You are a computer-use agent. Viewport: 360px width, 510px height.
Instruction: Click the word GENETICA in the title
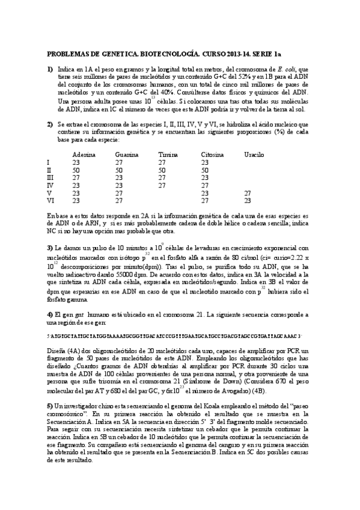tap(112, 54)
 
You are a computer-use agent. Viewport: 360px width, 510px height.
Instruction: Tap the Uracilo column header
tap(254, 155)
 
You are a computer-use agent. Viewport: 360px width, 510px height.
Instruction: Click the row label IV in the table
tap(50, 185)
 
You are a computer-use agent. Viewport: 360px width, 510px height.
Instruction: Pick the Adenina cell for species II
tap(76, 170)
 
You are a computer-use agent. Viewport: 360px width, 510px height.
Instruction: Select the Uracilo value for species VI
tap(247, 201)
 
